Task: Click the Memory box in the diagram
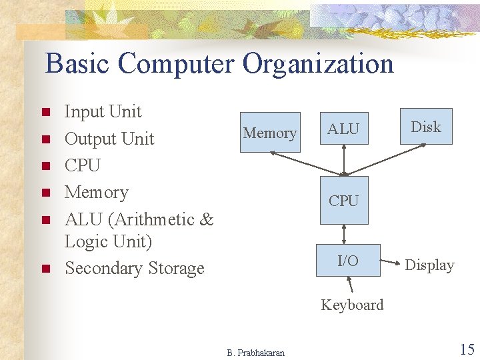pos(270,133)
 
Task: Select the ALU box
pos(343,129)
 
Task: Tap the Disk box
pos(426,127)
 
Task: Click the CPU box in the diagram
pos(343,200)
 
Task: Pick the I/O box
pos(347,261)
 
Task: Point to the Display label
pos(429,265)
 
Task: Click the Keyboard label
pos(352,305)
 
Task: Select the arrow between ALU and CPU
pos(343,161)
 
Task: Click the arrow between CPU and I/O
pos(343,234)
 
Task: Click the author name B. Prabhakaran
pos(255,353)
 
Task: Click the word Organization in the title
pos(318,64)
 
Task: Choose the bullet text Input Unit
pos(103,111)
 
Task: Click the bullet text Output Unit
pos(109,139)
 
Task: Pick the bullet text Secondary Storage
pos(134,268)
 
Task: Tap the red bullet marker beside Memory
pos(46,193)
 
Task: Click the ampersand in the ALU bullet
pos(207,219)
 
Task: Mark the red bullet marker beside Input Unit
pos(46,113)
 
